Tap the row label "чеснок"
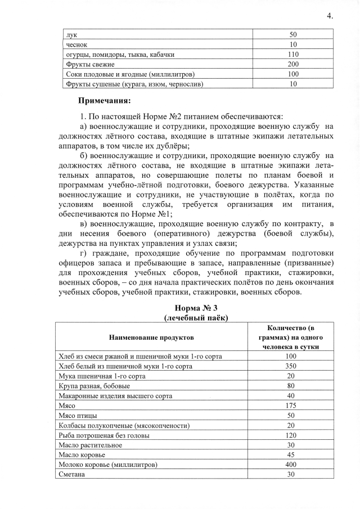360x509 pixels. (76, 44)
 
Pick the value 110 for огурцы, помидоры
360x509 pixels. (293, 55)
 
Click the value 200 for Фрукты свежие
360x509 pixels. (293, 64)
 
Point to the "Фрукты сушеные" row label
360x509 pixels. (134, 84)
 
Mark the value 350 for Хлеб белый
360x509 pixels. (290, 366)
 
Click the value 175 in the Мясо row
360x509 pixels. (290, 406)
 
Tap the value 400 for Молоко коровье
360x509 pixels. (290, 465)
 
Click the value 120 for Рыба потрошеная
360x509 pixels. (290, 435)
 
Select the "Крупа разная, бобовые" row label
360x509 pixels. (94, 386)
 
